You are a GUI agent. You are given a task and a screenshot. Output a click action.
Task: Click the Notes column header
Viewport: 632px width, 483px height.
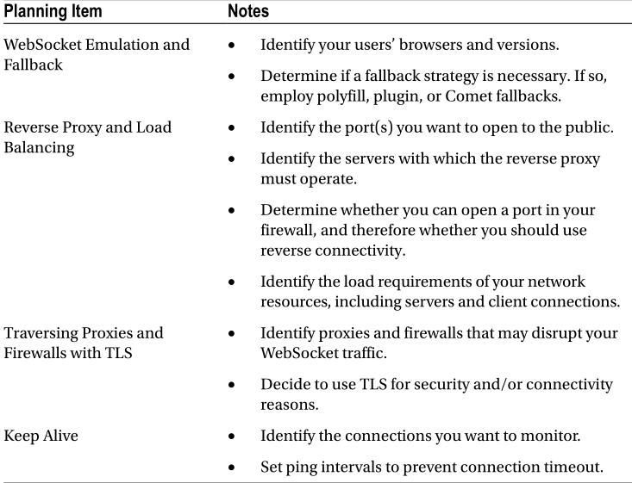click(x=248, y=12)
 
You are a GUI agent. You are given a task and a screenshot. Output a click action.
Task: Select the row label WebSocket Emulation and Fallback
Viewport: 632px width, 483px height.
click(x=97, y=53)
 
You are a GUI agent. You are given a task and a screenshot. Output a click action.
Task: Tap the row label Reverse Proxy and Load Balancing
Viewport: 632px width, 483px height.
click(x=87, y=137)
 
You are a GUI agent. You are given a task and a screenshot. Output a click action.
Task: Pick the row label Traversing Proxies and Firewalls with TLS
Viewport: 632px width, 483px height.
click(x=84, y=342)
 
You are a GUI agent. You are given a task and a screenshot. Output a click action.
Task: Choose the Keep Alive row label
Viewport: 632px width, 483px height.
click(x=41, y=436)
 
